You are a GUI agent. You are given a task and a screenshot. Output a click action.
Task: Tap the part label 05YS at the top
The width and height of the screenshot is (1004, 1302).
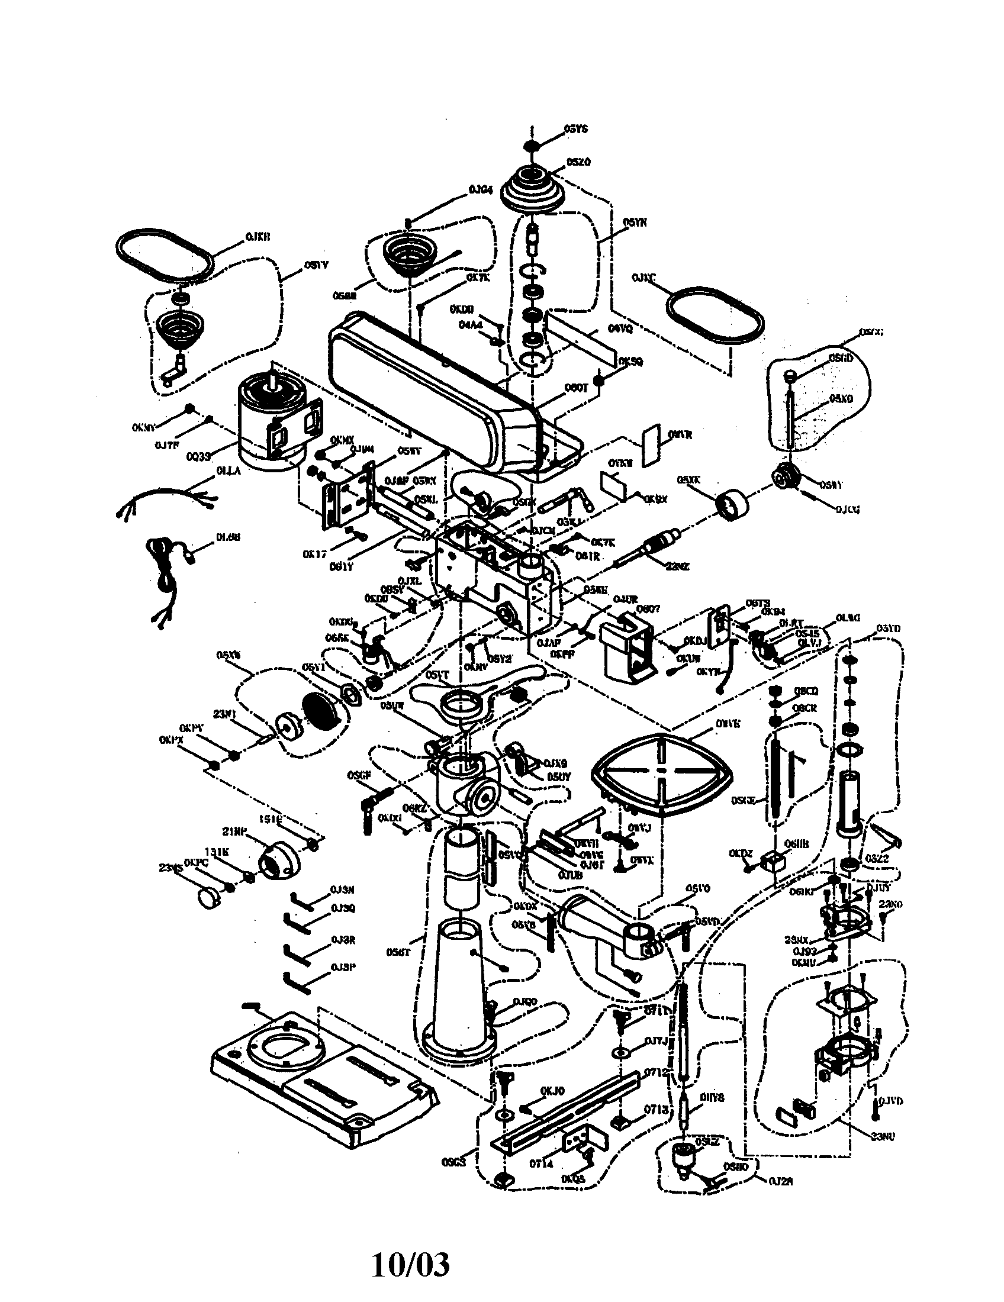tap(575, 129)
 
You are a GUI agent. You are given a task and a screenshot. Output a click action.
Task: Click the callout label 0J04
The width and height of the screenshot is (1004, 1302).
tap(481, 189)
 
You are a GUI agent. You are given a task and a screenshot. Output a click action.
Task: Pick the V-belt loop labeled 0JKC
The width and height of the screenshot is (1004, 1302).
tap(715, 315)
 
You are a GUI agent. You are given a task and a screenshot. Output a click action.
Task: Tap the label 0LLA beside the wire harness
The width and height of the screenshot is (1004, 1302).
tap(229, 471)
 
